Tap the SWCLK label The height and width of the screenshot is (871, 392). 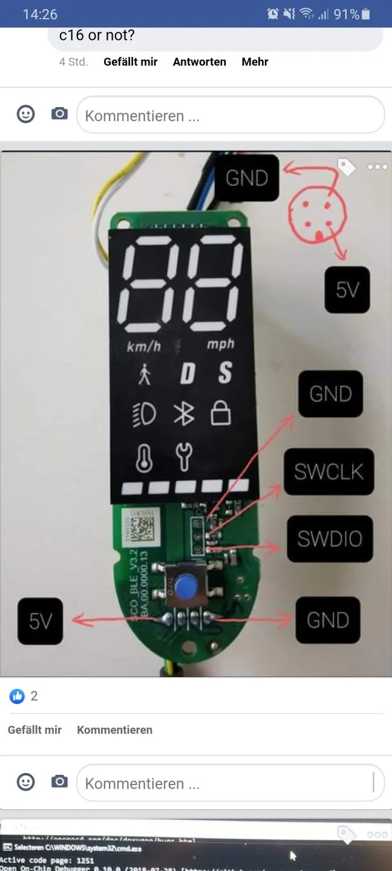tap(329, 472)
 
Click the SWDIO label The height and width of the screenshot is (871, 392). tap(329, 538)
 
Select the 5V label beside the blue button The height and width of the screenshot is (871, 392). tap(40, 621)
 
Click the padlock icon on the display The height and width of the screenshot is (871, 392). tap(221, 414)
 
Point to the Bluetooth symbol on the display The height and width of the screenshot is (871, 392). tap(183, 414)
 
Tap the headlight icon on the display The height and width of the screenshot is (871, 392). tap(144, 414)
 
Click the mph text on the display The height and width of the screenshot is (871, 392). tap(220, 345)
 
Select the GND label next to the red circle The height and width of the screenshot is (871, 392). tap(247, 178)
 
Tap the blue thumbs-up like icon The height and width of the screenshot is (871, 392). tap(17, 696)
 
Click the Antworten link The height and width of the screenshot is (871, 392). tap(199, 62)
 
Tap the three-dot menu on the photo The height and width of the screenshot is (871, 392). tap(377, 167)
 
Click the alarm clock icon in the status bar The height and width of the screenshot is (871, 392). tap(273, 14)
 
